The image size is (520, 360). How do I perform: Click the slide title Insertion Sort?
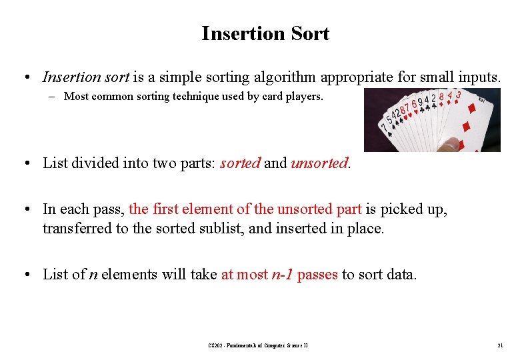click(265, 33)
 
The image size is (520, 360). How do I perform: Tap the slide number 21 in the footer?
click(499, 345)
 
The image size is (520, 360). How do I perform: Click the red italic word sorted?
click(240, 163)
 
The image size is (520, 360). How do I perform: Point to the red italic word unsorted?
click(319, 163)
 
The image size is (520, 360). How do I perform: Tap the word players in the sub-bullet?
click(304, 97)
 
